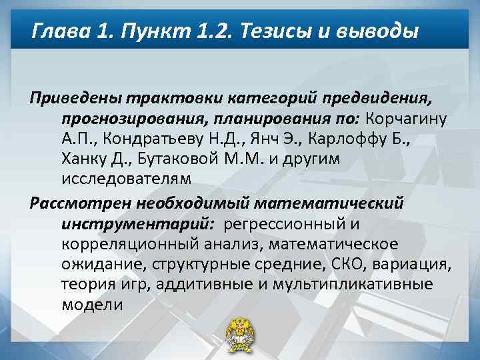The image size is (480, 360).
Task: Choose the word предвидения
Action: (378, 99)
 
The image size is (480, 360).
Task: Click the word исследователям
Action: (126, 179)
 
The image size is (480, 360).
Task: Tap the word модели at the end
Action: (92, 304)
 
